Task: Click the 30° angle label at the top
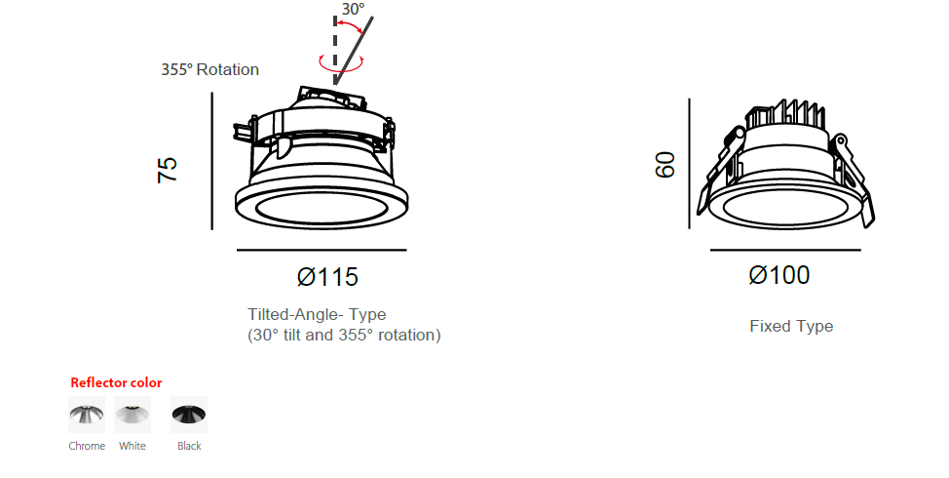coord(354,9)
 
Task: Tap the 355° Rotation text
coord(210,69)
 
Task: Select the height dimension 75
coord(168,170)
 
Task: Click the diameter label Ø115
coord(327,277)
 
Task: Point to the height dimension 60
coord(665,165)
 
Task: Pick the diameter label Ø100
coord(778,275)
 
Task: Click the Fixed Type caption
coord(791,326)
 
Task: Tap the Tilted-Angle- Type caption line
coord(317,314)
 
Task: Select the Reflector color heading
coord(116,382)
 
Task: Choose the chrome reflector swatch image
coord(87,415)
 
